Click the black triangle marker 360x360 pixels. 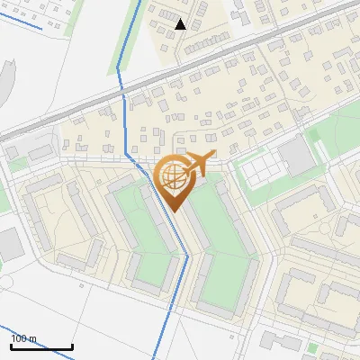[181, 24]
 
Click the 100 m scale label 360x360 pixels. [23, 338]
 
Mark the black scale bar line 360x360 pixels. [41, 346]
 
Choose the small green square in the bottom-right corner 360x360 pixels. [312, 347]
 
